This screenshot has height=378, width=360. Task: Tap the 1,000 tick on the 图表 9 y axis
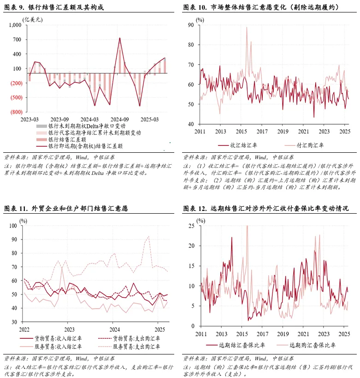click(15, 25)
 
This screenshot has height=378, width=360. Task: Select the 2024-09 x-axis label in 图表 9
click(119, 119)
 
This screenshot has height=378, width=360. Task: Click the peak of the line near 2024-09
click(120, 38)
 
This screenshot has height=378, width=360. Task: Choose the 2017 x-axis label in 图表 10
click(262, 132)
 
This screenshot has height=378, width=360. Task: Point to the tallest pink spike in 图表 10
click(247, 27)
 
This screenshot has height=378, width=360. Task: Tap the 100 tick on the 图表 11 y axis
click(12, 226)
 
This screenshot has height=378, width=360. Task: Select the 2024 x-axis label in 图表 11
click(114, 330)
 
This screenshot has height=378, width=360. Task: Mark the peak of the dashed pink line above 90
click(148, 237)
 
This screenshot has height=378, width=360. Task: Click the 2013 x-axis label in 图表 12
click(221, 333)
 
